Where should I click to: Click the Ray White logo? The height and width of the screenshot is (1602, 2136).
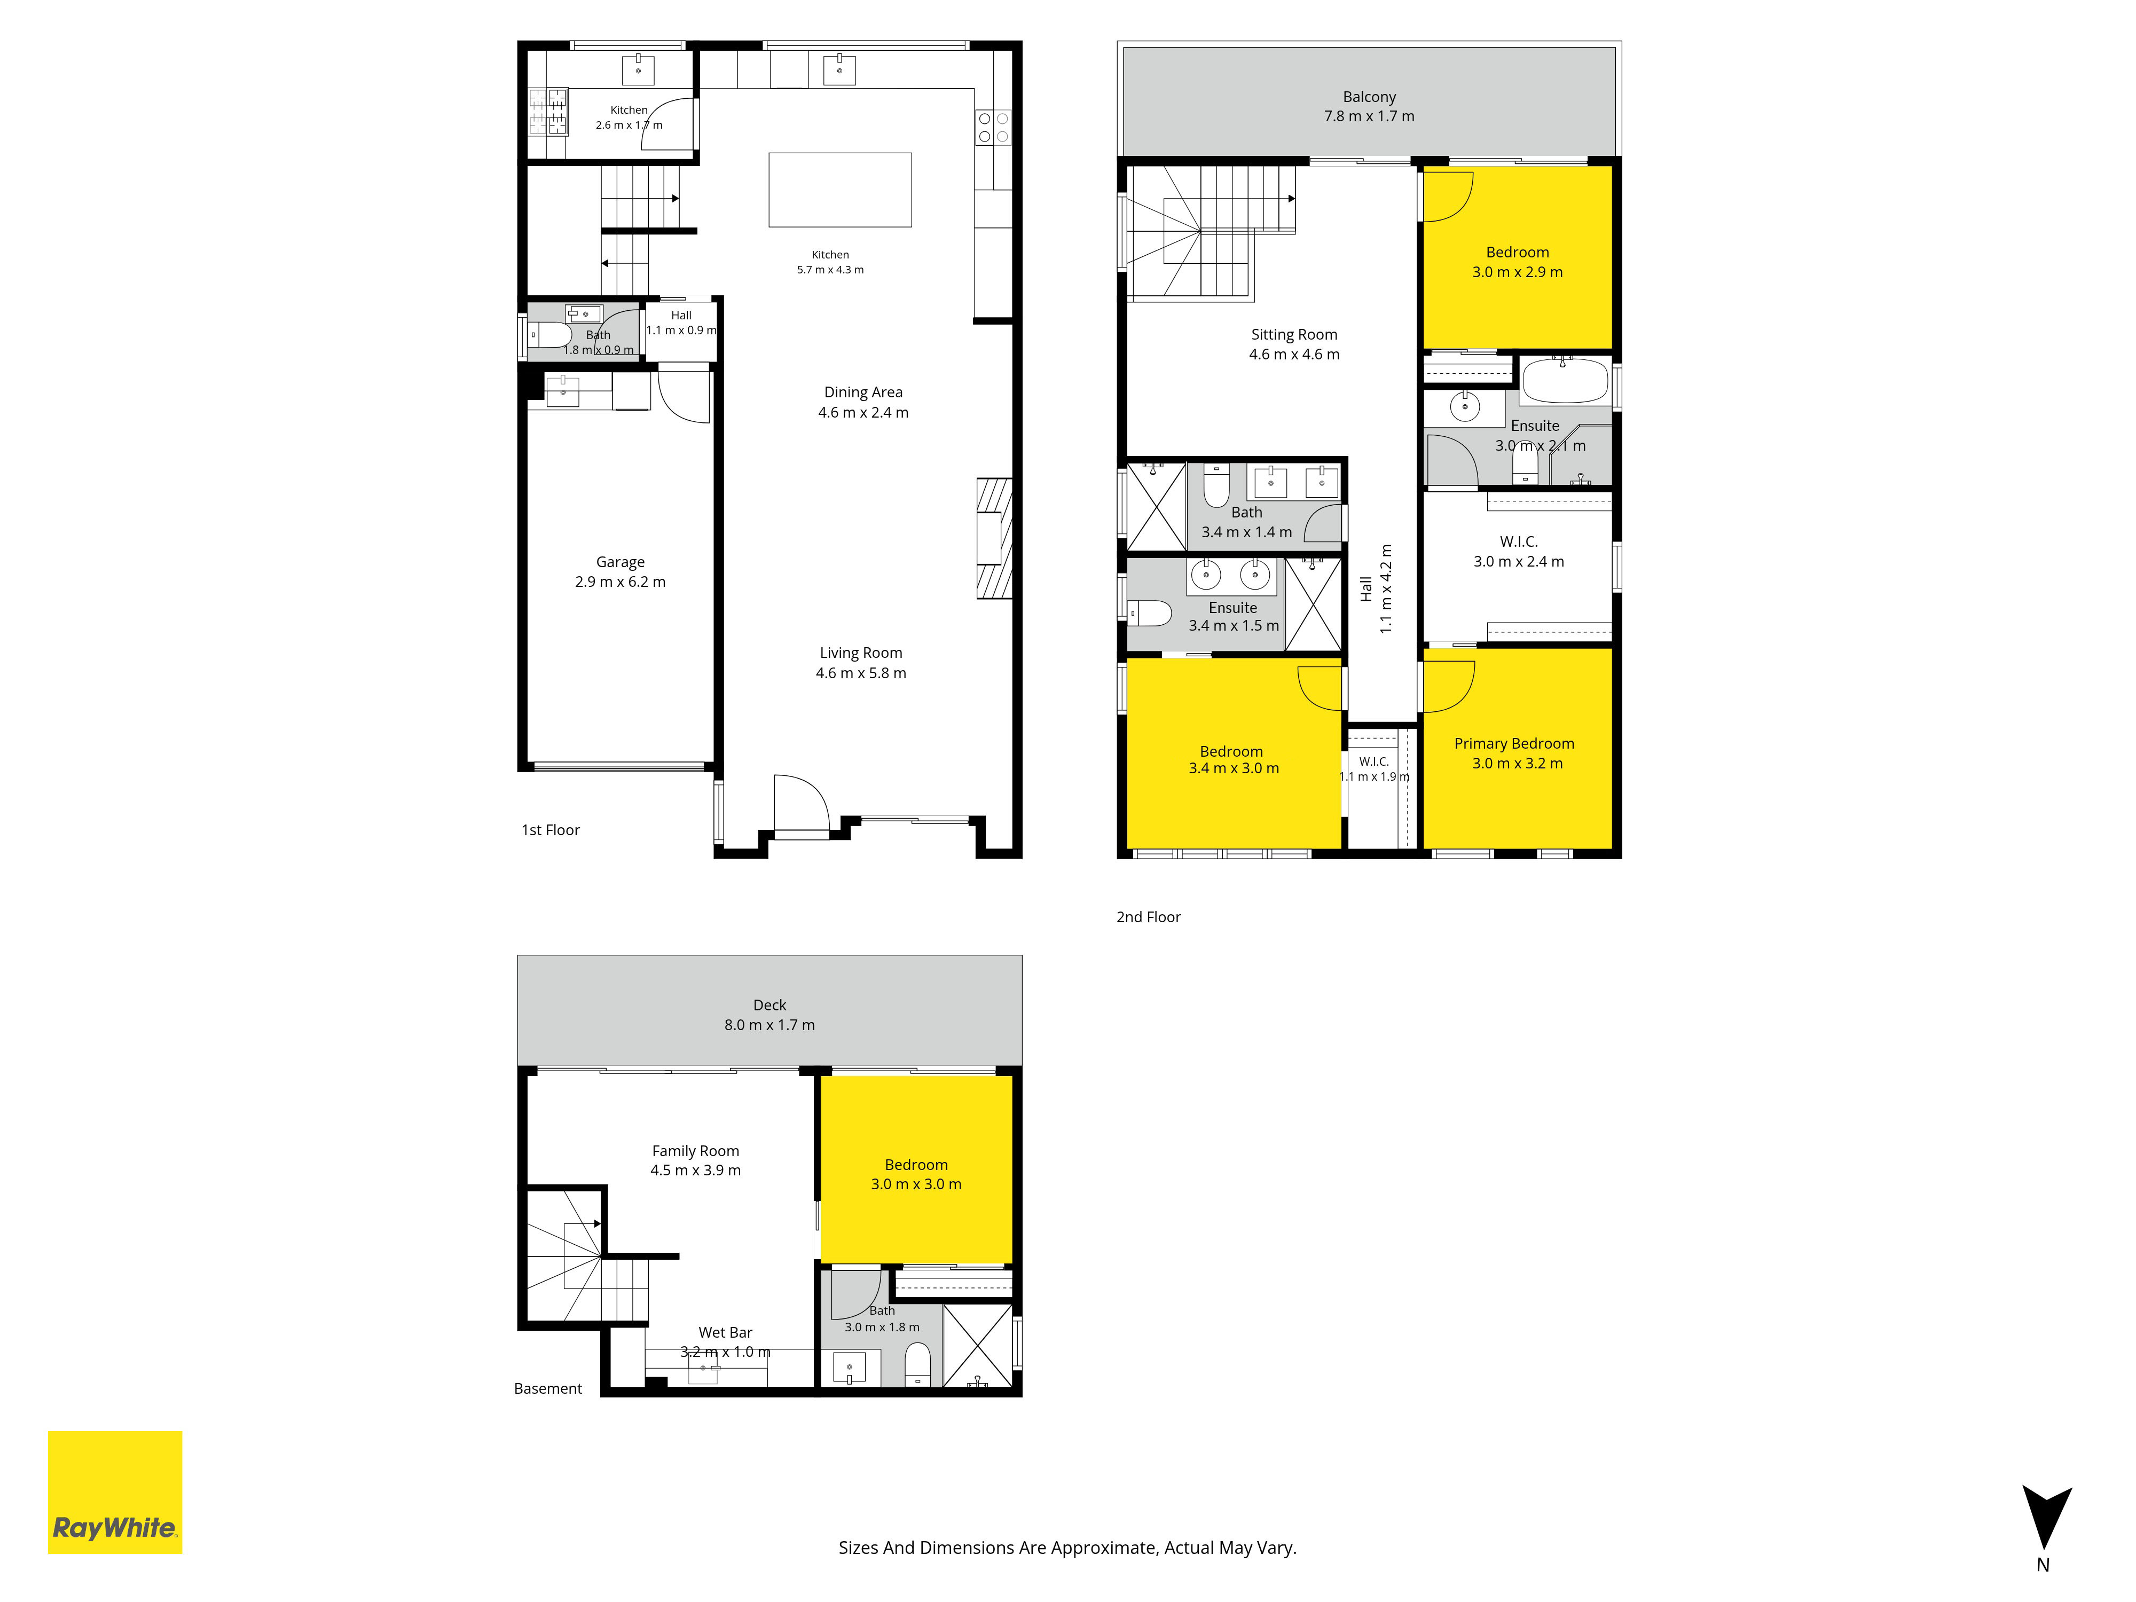[115, 1492]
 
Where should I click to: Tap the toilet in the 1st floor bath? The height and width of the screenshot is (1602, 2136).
[552, 335]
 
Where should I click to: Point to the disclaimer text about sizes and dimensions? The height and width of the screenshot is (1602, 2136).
[1067, 1548]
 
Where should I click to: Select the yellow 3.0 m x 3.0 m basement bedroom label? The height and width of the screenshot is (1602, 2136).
[916, 1174]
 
